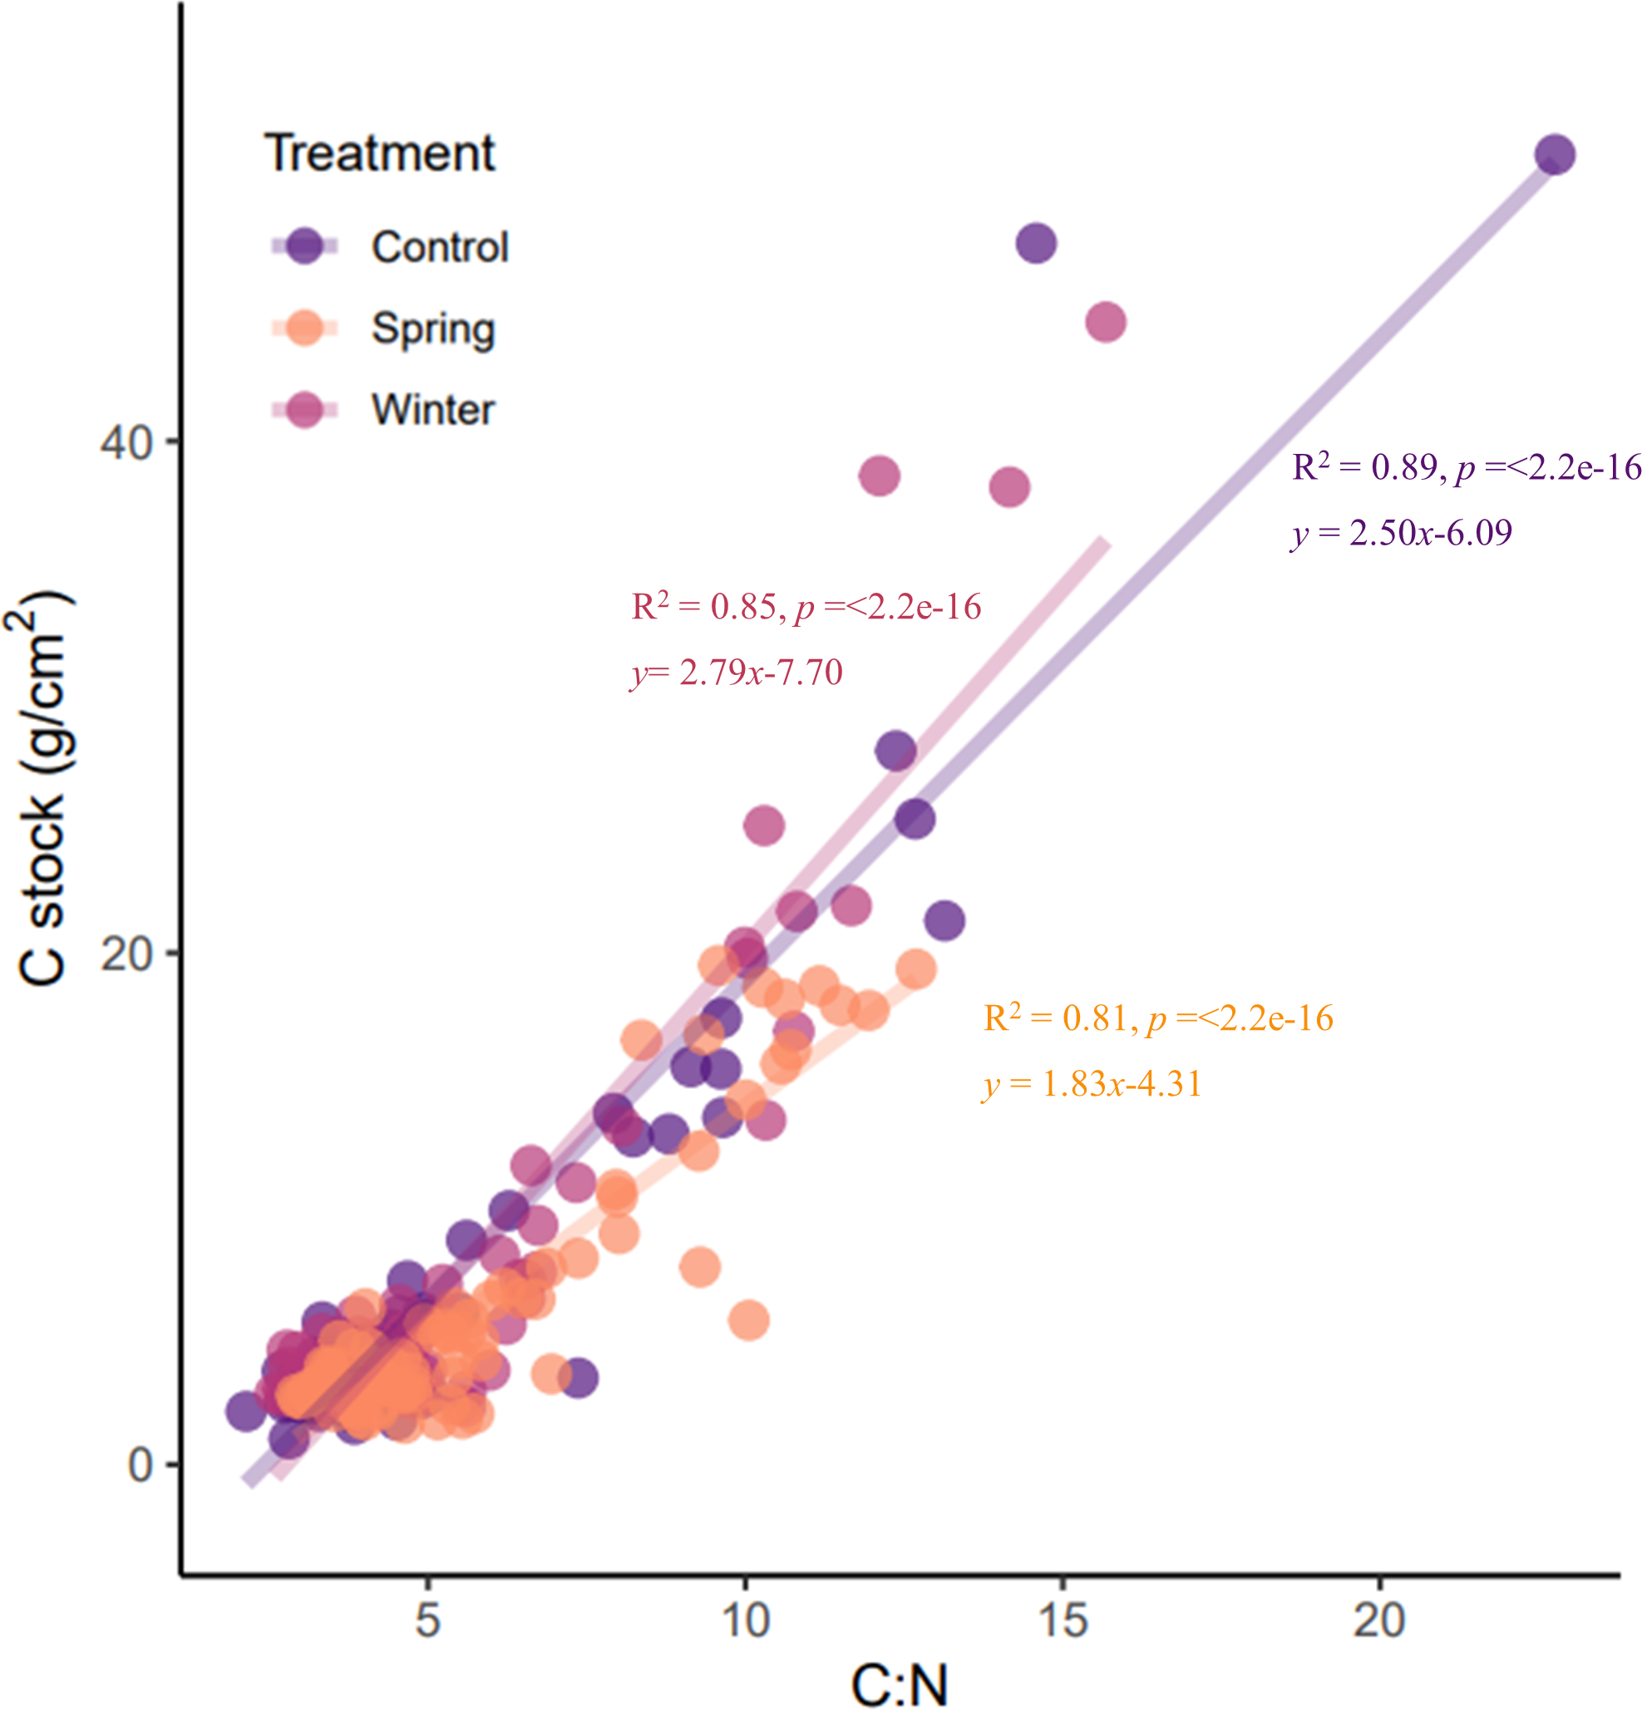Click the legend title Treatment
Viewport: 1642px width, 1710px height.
[x=379, y=154]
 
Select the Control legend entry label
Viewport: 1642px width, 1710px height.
[x=440, y=247]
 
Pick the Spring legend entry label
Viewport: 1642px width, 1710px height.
[x=433, y=329]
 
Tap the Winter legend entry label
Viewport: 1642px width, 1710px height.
[x=433, y=410]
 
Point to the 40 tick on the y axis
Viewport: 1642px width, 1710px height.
[x=126, y=442]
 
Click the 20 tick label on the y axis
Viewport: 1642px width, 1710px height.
[x=126, y=954]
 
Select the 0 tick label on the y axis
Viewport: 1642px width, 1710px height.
[x=141, y=1465]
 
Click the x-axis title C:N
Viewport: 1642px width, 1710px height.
[x=899, y=1684]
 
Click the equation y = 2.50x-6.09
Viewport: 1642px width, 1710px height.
[x=1401, y=533]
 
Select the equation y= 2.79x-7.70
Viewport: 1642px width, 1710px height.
[x=737, y=673]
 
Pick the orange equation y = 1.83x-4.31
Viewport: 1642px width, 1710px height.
[x=1092, y=1085]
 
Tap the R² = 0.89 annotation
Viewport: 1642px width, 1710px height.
[x=1466, y=469]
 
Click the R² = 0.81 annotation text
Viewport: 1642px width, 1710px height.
[x=1158, y=1018]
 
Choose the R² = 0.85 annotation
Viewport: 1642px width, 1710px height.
[x=806, y=607]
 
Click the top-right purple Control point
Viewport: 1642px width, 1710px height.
[x=1555, y=155]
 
